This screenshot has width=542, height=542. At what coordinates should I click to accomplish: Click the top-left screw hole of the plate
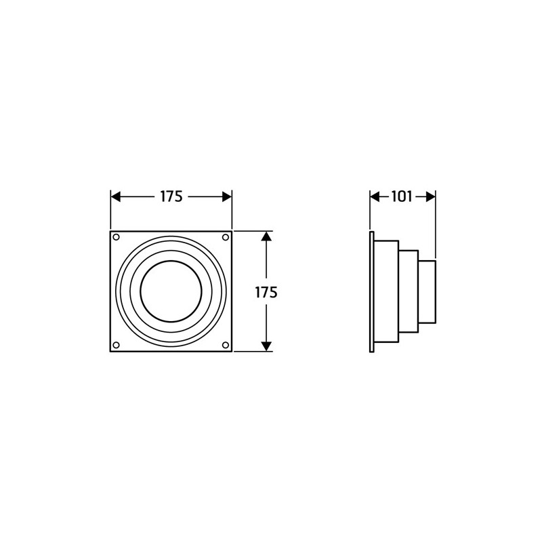point(117,237)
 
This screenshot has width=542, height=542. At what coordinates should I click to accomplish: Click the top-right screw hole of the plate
point(226,237)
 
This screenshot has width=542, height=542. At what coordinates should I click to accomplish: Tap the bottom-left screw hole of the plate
point(117,345)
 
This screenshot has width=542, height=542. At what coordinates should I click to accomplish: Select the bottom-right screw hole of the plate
point(226,345)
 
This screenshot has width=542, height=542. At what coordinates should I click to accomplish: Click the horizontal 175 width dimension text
point(171,196)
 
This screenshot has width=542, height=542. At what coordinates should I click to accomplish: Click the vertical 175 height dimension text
point(266,293)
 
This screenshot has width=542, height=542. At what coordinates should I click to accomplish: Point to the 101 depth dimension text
point(402,196)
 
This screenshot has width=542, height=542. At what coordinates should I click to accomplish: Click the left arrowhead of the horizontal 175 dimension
point(115,196)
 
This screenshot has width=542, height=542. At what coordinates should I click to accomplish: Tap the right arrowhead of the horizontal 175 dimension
point(227,196)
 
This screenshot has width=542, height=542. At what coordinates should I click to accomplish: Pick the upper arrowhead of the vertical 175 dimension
point(266,236)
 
